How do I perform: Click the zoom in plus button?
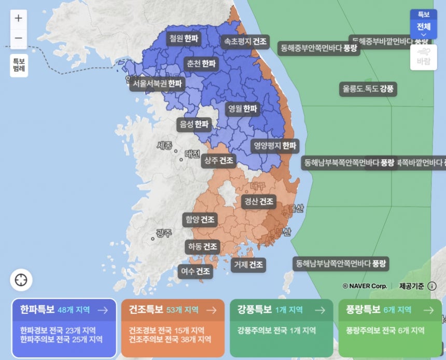coord(19,18)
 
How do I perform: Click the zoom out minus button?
coord(19,38)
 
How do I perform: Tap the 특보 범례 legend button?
coord(19,65)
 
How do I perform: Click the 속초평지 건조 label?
coord(245,40)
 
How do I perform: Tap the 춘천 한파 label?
coord(200,64)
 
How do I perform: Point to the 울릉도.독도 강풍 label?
coord(368,89)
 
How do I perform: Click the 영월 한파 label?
coord(242,108)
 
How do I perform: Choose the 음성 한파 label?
coord(193,124)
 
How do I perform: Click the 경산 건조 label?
coord(258,201)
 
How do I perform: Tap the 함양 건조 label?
coord(200,219)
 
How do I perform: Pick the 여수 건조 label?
coord(195,271)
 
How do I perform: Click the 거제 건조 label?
coord(248,265)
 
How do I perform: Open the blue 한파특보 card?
coord(64,328)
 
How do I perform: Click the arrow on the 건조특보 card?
coord(211,310)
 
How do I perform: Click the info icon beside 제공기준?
coord(432,286)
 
